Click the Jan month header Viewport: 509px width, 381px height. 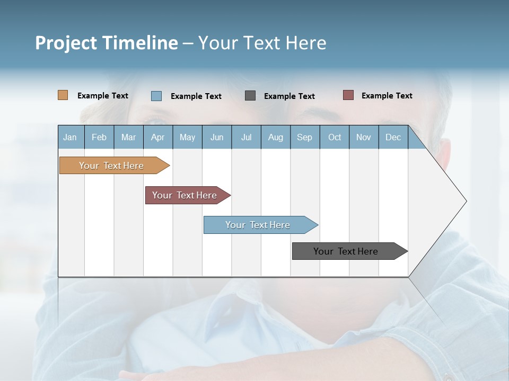71,137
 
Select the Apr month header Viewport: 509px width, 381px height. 158,137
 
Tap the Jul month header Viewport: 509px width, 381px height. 246,137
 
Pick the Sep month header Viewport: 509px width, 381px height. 304,137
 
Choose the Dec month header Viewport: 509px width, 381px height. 393,137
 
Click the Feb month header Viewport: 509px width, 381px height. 99,137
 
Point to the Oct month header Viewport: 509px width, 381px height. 335,137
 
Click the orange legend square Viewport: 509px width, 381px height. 63,95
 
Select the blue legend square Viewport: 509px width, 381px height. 156,96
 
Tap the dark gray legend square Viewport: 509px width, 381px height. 250,96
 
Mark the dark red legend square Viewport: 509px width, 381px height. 348,95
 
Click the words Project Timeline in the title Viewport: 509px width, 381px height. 107,43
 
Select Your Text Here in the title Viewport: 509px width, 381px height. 262,43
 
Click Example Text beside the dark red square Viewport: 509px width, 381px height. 387,95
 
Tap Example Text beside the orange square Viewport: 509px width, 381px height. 103,95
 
